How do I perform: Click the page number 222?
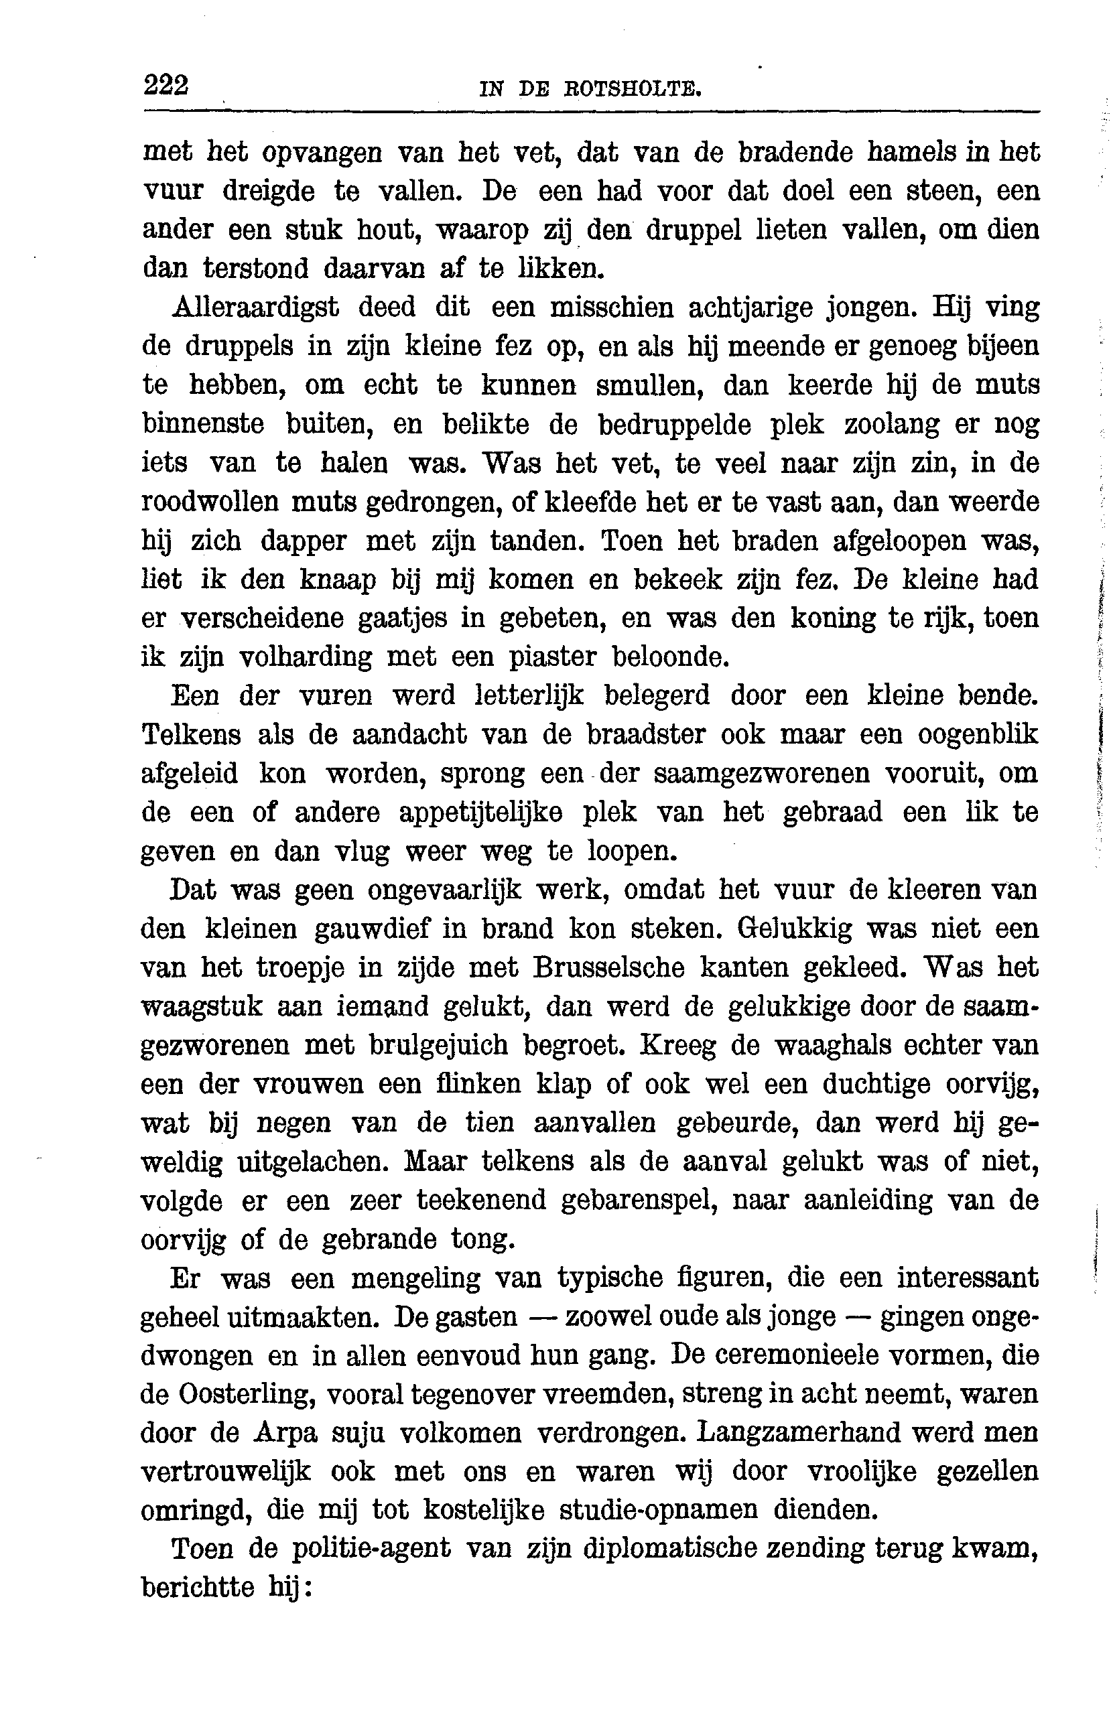tap(166, 85)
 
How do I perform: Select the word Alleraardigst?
tap(256, 307)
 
